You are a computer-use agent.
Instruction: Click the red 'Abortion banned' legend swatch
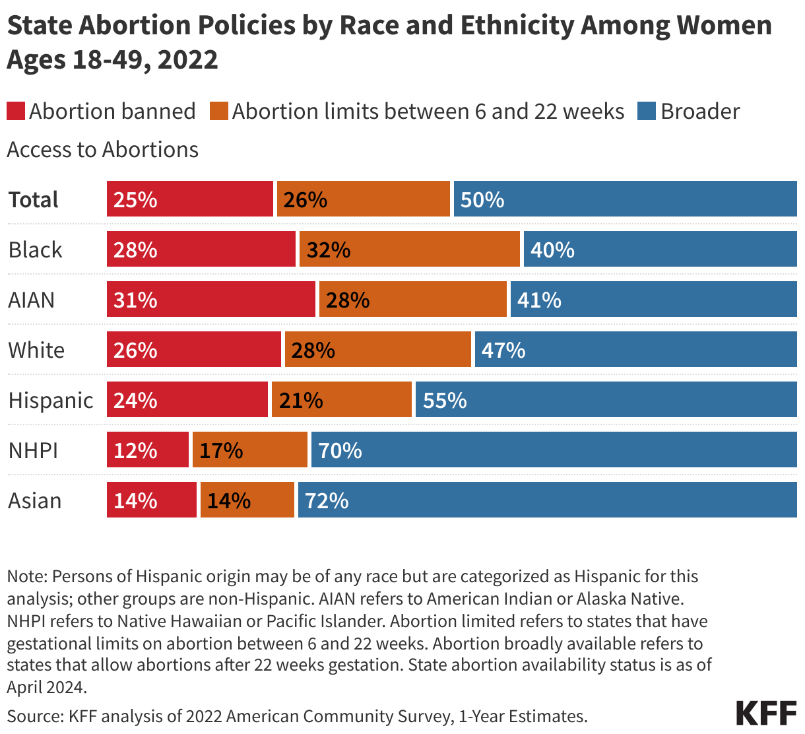[x=16, y=111]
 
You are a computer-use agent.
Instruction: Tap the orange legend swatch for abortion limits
[x=219, y=111]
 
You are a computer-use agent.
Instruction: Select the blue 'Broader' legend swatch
[x=647, y=111]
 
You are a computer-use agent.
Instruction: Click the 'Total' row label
[x=34, y=199]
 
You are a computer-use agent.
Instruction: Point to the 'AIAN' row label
[x=32, y=300]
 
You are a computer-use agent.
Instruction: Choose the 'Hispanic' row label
[x=51, y=400]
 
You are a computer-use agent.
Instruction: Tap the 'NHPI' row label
[x=34, y=450]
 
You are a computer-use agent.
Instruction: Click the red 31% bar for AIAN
[x=211, y=300]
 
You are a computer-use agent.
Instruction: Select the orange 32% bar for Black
[x=409, y=250]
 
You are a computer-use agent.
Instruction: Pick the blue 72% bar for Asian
[x=548, y=500]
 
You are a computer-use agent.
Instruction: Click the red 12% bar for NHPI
[x=148, y=450]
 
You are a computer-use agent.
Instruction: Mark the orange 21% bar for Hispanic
[x=342, y=400]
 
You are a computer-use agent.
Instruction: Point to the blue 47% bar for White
[x=635, y=350]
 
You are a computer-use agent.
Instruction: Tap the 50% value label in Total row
[x=482, y=199]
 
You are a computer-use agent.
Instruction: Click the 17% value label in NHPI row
[x=221, y=450]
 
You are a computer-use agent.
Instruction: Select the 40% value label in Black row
[x=552, y=250]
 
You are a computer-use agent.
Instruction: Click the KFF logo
[x=766, y=714]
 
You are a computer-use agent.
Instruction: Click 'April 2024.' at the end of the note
[x=46, y=687]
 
